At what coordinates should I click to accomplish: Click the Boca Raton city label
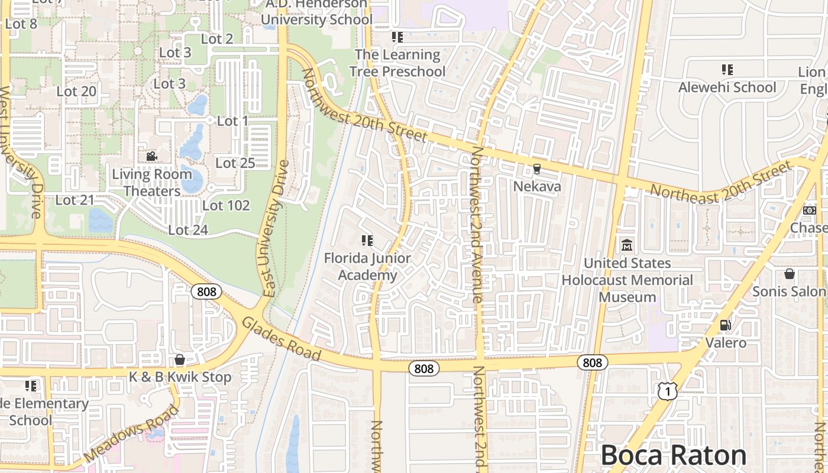click(673, 456)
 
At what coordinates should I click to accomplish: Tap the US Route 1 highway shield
click(667, 391)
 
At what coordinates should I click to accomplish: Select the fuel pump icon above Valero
click(725, 325)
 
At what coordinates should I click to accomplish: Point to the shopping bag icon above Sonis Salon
click(789, 274)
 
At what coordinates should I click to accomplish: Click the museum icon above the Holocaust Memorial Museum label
click(626, 245)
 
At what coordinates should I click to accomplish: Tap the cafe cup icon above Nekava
click(536, 169)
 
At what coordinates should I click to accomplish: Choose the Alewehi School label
click(727, 88)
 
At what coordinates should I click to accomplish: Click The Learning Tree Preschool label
click(397, 63)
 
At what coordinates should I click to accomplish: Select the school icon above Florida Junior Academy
click(367, 241)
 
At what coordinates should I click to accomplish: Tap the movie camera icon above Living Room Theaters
click(151, 157)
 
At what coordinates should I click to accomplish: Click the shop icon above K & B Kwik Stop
click(180, 359)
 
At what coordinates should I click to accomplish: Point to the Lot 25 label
click(235, 163)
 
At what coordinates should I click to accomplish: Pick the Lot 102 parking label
click(226, 206)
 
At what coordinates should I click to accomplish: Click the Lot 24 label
click(188, 230)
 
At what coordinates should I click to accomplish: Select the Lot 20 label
click(76, 92)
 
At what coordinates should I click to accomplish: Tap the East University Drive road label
click(276, 228)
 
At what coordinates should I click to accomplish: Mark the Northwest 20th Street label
click(364, 105)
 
